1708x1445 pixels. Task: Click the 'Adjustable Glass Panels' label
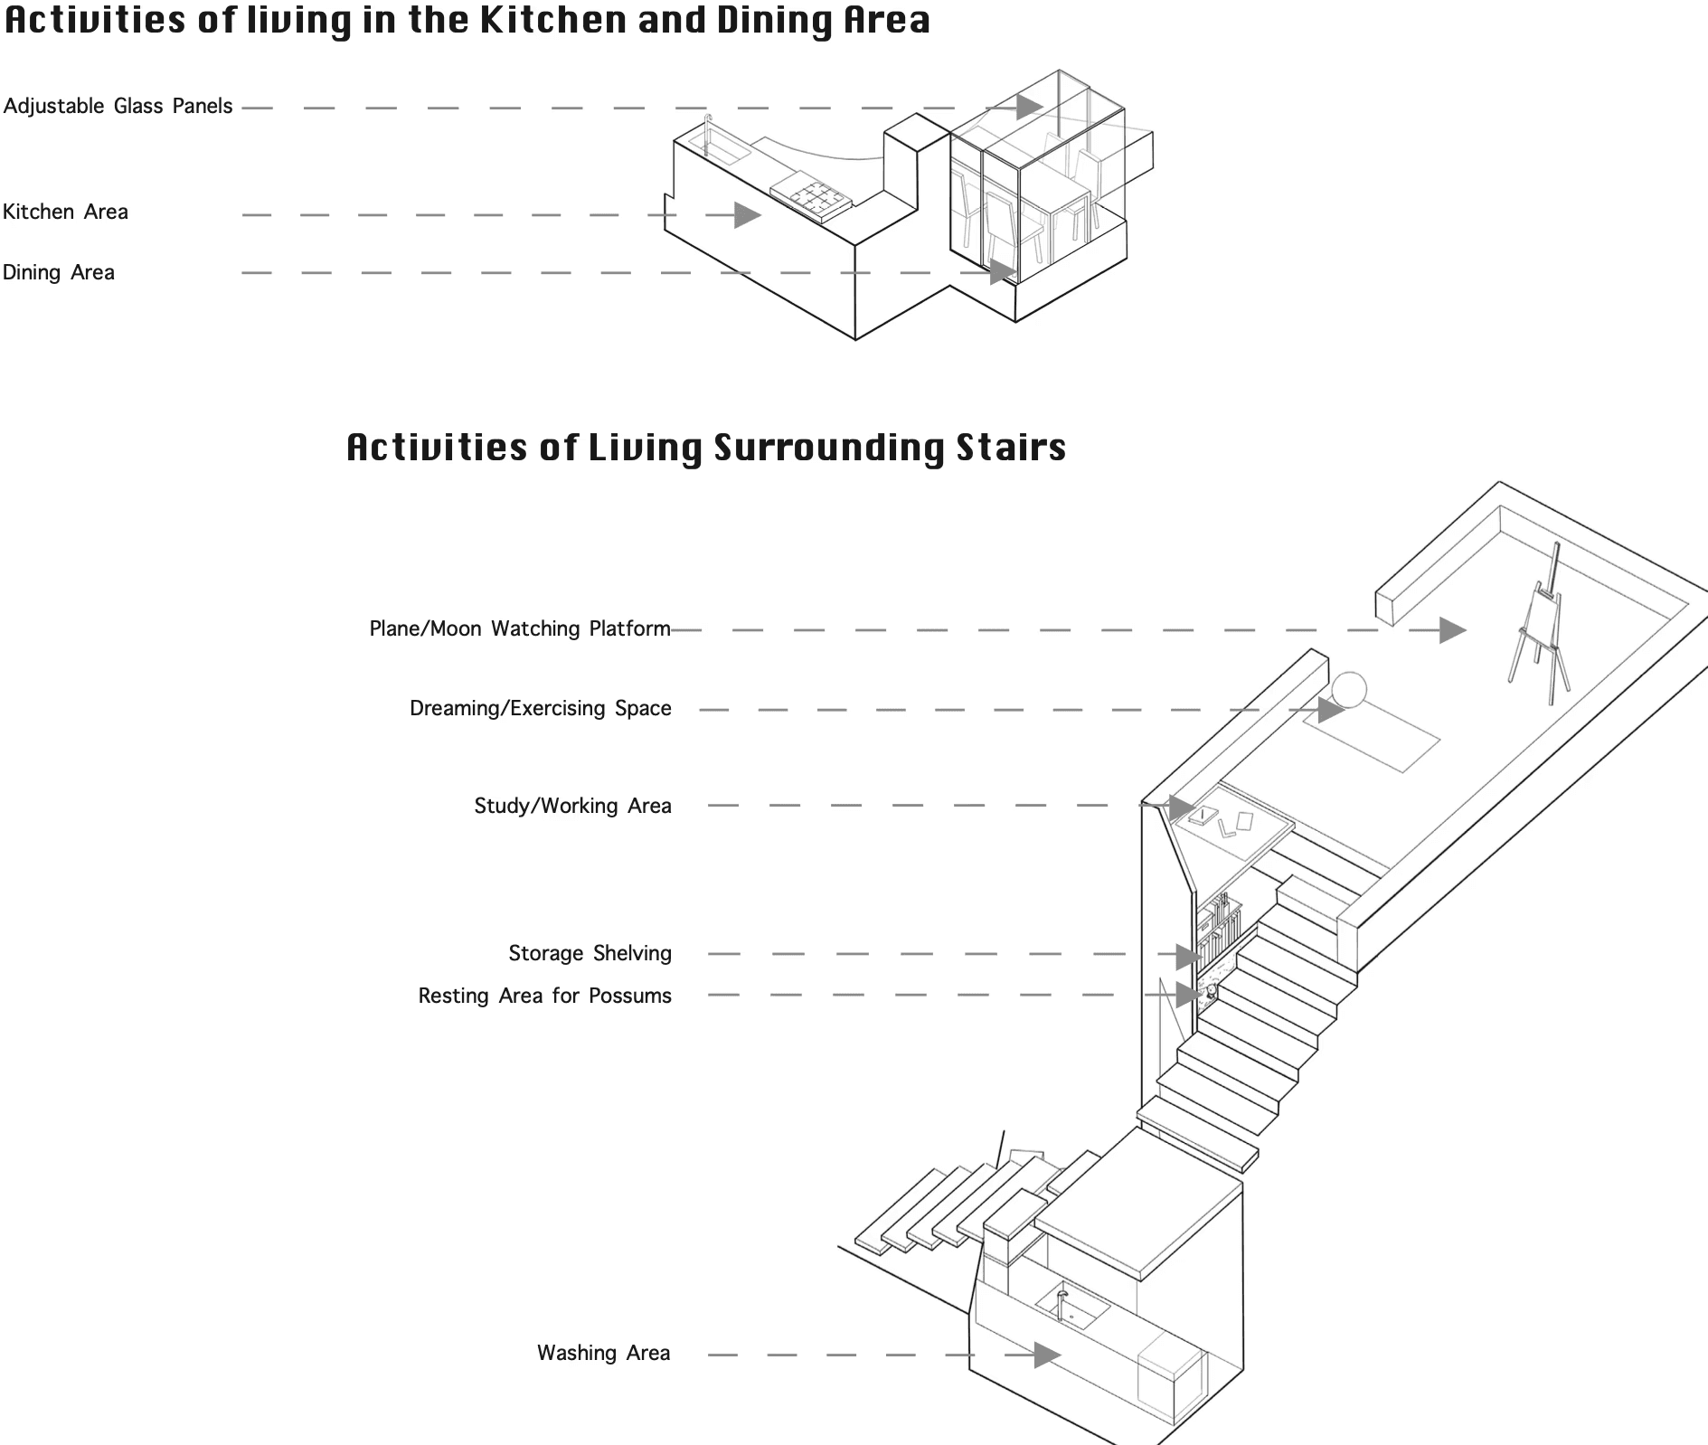[118, 107]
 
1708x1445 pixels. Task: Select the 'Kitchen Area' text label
[65, 212]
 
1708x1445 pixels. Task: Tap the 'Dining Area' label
[59, 273]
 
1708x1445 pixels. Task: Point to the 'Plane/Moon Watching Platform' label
[520, 629]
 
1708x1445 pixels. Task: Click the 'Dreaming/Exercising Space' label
[540, 709]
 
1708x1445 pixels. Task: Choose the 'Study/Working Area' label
[572, 807]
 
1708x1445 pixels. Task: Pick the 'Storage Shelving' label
[590, 954]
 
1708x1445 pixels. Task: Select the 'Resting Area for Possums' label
[544, 996]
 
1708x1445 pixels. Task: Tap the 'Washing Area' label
[603, 1354]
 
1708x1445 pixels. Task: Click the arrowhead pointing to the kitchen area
[747, 215]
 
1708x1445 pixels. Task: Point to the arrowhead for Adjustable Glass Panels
[1028, 107]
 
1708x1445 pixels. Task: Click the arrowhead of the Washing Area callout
[1047, 1355]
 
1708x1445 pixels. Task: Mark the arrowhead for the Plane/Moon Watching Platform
[1452, 630]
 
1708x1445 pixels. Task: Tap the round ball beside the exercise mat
[1349, 690]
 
